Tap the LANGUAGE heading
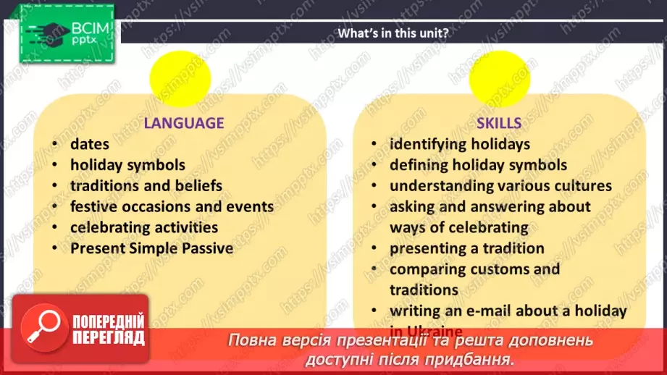tap(183, 122)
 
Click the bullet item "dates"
tap(90, 144)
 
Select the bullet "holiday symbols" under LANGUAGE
tap(127, 165)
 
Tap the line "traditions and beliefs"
tap(146, 186)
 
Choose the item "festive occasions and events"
tap(172, 206)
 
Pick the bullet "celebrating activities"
tap(143, 227)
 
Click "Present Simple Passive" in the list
tap(151, 248)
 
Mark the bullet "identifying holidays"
tap(459, 144)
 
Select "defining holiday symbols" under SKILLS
tap(478, 165)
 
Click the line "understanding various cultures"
tap(500, 186)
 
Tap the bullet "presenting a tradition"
tap(466, 248)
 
